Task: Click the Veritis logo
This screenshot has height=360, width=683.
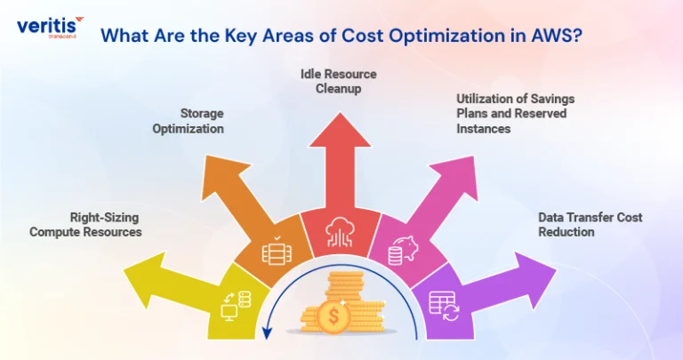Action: tap(50, 28)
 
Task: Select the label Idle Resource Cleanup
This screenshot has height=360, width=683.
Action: tap(339, 82)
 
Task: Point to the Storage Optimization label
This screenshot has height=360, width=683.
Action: tap(189, 121)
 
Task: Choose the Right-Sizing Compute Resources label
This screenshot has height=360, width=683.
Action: tap(85, 225)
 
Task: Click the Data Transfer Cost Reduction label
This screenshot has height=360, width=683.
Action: tap(591, 225)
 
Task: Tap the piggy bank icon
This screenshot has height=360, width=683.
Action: tap(403, 251)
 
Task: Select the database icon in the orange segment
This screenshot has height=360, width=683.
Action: tap(277, 251)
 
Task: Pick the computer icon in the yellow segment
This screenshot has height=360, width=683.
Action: tap(236, 306)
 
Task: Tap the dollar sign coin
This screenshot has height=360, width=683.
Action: tap(333, 316)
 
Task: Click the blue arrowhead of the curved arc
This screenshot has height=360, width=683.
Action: tap(267, 333)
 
